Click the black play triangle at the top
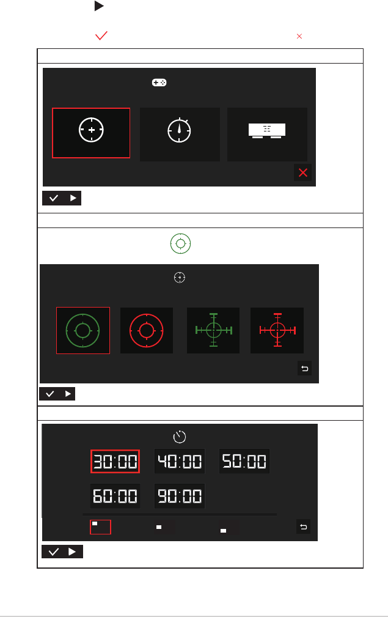[99, 6]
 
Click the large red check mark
[101, 36]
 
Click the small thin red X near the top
[299, 36]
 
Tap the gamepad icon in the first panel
[159, 83]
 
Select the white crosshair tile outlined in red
[91, 133]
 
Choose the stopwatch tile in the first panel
[180, 134]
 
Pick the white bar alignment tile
[267, 134]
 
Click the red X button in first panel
[302, 172]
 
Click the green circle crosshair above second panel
[180, 243]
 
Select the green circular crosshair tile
[83, 331]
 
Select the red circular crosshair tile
[146, 331]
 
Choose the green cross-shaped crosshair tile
[213, 331]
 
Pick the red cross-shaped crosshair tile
[277, 331]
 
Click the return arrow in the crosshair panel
[305, 368]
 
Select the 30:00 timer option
[115, 461]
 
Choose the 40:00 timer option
[180, 461]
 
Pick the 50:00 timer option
[244, 461]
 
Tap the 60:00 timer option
[115, 496]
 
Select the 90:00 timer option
[180, 496]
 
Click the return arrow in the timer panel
[304, 527]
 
